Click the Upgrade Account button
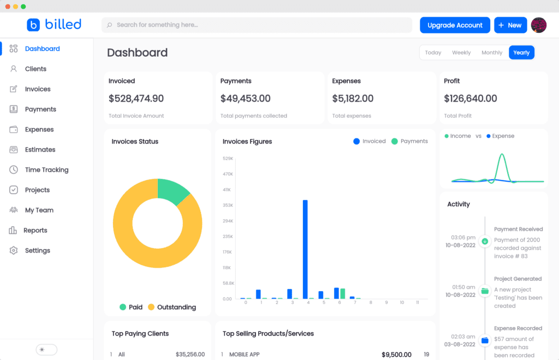coord(455,25)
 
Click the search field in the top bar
coord(257,25)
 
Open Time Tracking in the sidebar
coord(46,170)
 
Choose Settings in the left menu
coord(37,250)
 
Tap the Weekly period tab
coord(461,52)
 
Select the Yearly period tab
coord(521,52)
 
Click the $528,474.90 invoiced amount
coord(136,99)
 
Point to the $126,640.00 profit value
coord(470,99)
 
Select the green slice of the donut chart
coord(172,190)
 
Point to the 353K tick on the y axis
coord(228,205)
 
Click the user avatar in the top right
coord(538,25)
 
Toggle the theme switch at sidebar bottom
coord(46,350)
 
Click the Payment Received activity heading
coord(518,229)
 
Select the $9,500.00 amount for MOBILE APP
coord(396,355)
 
